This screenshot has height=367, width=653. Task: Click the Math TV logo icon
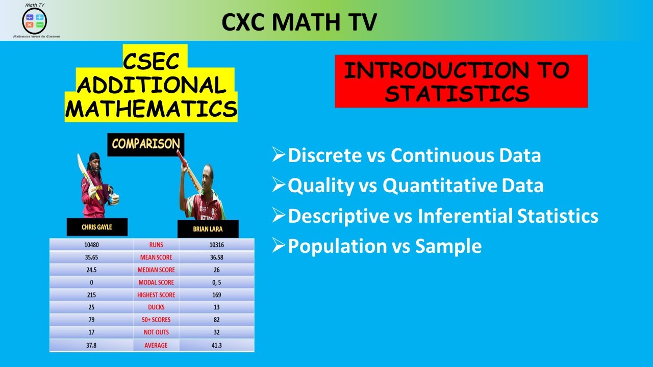(34, 20)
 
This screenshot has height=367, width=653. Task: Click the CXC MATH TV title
(299, 21)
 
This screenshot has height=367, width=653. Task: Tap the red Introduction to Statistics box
(461, 82)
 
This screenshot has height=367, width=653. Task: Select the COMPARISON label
(146, 144)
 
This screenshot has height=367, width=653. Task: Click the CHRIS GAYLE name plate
(97, 227)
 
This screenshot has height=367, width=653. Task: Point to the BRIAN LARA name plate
(208, 229)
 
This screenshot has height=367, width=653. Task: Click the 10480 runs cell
(91, 245)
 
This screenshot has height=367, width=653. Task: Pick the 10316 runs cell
(217, 245)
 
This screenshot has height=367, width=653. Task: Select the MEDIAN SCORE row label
(156, 270)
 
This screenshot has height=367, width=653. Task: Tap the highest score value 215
(91, 295)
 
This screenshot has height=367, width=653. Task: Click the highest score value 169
(217, 295)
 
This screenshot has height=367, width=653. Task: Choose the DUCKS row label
(156, 307)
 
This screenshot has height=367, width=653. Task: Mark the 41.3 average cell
(217, 345)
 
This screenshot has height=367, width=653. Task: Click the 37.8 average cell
(91, 345)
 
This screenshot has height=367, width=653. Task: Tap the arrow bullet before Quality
(279, 185)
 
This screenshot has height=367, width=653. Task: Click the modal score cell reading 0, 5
(217, 282)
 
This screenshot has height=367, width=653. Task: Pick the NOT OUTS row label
(156, 332)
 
